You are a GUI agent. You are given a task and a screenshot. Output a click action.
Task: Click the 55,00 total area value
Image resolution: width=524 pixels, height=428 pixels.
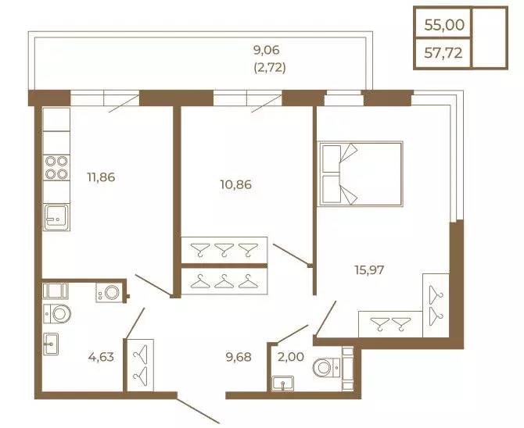444,25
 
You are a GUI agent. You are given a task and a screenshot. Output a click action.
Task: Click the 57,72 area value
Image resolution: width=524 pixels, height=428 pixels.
443,53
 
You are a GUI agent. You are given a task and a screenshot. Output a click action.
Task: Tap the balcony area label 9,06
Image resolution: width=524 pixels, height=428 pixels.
267,51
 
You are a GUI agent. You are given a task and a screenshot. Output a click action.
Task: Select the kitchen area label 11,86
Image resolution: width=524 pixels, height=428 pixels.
101,177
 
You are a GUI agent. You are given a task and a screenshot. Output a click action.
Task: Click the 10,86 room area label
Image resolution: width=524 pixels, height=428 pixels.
236,184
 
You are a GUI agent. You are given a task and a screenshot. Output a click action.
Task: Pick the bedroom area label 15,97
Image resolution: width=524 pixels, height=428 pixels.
369,269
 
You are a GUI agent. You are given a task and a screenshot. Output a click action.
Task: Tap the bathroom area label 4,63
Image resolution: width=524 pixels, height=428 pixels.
101,357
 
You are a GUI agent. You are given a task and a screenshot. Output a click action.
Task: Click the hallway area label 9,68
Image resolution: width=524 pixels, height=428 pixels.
239,357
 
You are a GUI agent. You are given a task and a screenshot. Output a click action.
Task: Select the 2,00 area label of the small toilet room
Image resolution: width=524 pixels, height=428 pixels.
291,357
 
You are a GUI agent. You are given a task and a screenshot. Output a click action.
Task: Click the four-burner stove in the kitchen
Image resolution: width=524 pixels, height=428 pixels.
56,168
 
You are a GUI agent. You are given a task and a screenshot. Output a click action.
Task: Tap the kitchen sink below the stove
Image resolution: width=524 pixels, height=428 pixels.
56,217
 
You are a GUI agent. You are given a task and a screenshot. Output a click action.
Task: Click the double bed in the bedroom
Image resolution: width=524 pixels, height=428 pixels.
361,173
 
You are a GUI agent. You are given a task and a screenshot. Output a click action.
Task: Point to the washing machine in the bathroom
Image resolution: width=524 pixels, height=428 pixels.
109,293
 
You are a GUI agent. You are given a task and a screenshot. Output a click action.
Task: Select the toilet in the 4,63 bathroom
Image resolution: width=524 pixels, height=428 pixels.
57,314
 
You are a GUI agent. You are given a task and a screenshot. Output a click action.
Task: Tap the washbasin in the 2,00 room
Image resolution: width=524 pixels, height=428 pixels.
282,383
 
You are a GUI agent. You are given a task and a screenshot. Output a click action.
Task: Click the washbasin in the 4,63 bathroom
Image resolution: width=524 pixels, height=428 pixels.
51,344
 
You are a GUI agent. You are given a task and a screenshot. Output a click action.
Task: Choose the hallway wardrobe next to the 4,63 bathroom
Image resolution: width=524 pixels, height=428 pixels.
140,366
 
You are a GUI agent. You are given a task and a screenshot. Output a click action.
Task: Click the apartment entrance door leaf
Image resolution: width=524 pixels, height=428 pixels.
198,411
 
